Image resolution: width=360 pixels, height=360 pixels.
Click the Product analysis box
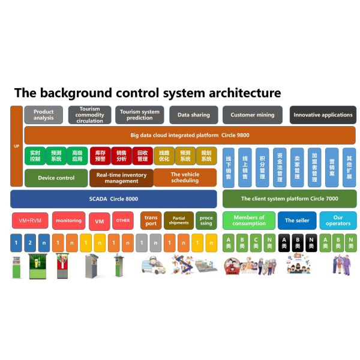43,115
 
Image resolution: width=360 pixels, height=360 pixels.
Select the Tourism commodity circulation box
89,115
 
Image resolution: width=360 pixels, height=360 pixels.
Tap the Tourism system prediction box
139,115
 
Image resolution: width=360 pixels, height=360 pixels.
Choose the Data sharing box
193,115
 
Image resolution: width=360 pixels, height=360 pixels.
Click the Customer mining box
252,115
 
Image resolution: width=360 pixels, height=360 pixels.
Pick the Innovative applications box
323,115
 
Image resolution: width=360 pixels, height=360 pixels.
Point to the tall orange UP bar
16,146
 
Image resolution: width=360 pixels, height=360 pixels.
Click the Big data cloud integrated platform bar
189,135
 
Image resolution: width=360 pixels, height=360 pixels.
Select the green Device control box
56,178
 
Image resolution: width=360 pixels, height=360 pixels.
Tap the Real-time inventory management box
121,178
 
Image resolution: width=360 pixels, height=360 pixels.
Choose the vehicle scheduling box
185,178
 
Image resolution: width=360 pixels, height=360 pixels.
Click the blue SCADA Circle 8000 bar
113,199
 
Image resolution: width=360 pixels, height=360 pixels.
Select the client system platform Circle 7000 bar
289,199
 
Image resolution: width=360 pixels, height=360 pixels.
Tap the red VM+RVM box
30,220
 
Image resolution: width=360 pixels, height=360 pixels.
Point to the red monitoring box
68,220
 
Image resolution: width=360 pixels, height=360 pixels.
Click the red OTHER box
122,220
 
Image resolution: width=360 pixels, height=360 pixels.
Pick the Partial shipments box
179,220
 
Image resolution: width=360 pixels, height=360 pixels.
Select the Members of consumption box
249,220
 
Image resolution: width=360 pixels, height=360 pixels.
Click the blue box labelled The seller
297,220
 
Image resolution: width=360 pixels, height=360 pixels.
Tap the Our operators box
338,220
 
